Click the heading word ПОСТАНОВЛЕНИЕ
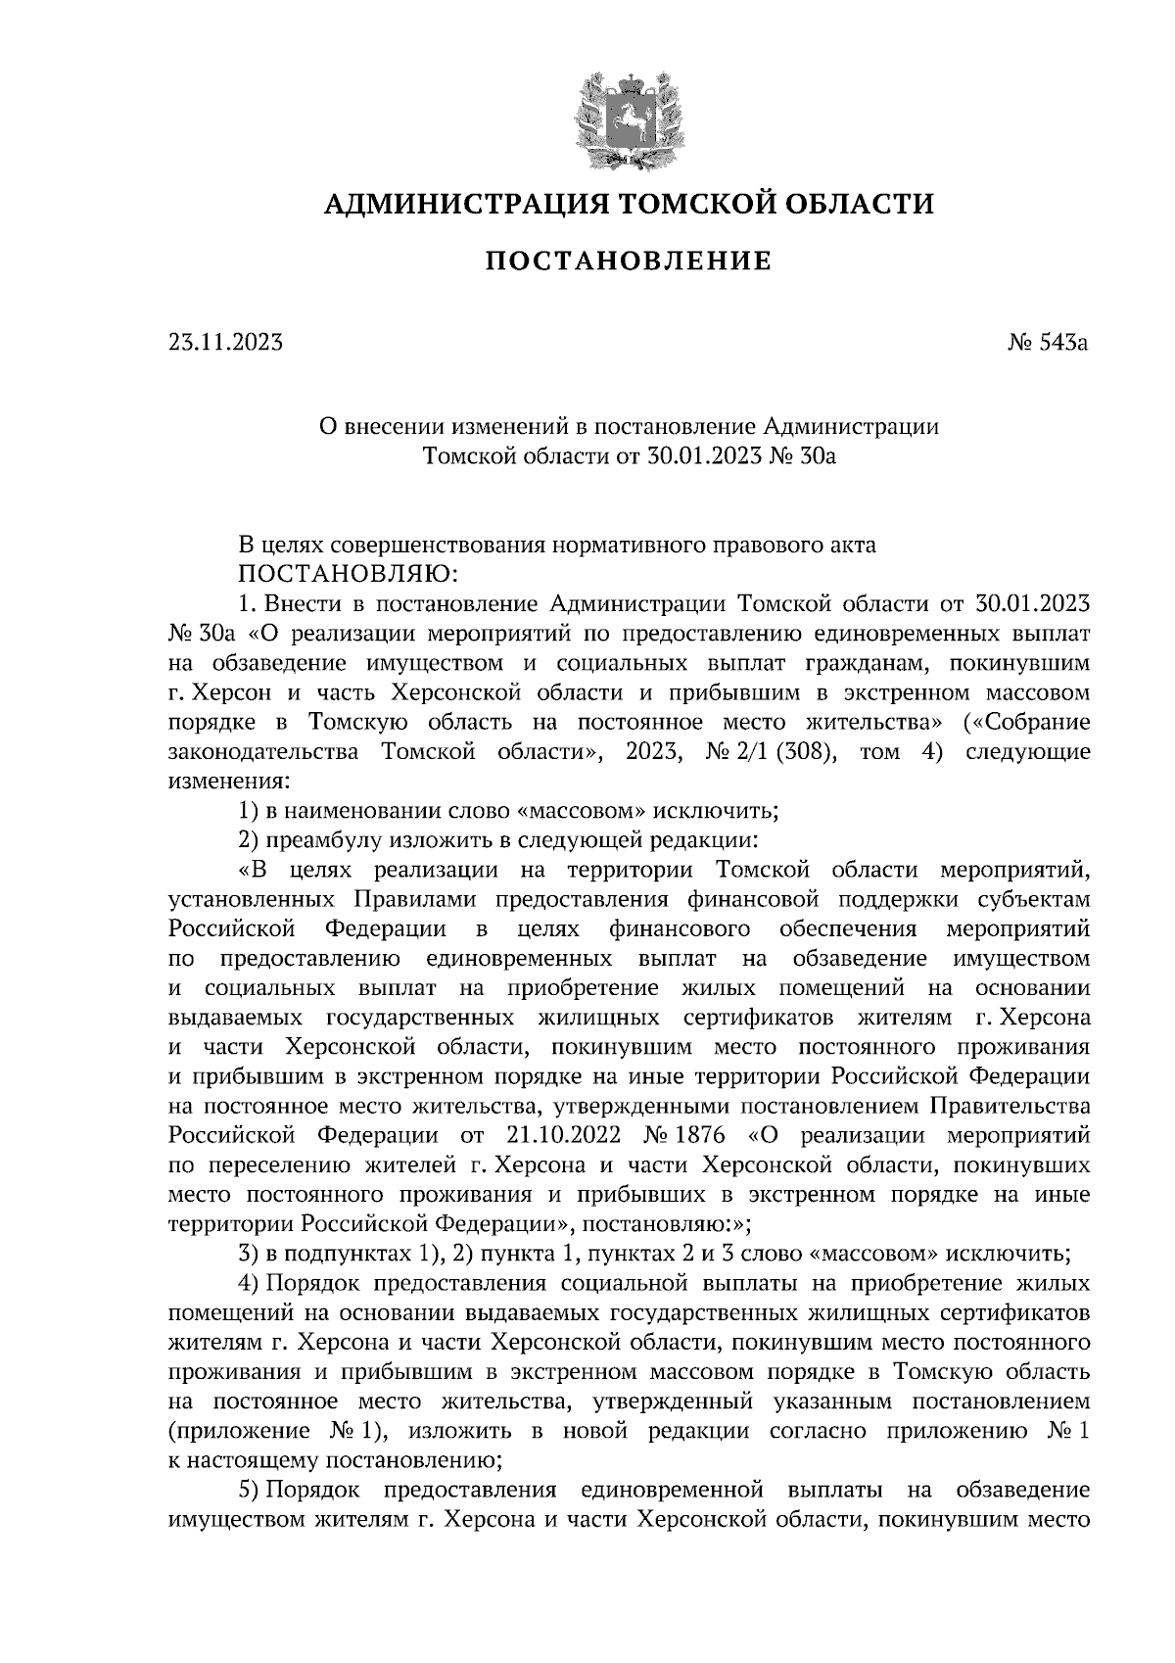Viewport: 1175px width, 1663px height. coord(628,261)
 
